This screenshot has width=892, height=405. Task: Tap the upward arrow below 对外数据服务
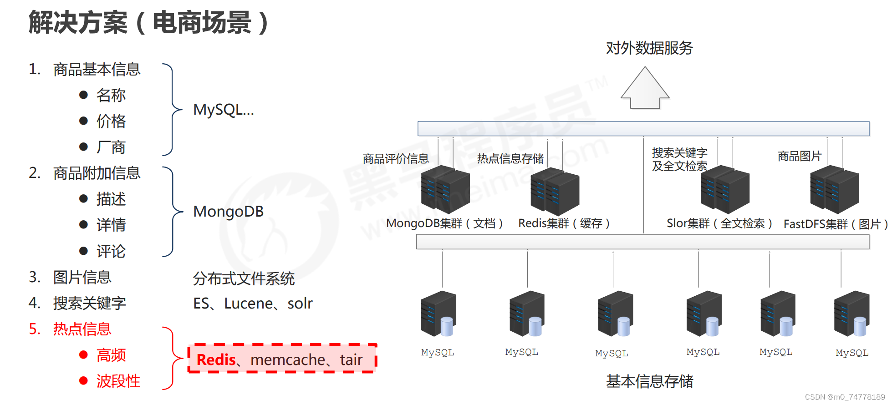[645, 88]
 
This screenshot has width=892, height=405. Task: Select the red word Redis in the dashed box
[216, 360]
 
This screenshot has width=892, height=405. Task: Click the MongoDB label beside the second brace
[228, 212]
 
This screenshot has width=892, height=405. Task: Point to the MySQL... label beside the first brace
[223, 110]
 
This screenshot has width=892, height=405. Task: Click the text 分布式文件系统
[244, 278]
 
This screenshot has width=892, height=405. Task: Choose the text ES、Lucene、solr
[253, 304]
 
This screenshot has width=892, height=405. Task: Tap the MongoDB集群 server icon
[445, 190]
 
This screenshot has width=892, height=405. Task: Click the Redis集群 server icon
[555, 191]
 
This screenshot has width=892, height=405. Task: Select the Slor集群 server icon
[725, 189]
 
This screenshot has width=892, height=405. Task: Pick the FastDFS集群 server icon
[834, 189]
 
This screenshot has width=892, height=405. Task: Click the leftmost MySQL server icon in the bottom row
[438, 314]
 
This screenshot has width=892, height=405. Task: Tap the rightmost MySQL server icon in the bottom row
[851, 314]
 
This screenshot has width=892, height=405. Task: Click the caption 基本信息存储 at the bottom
[649, 381]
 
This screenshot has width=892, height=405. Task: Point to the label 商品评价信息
[396, 159]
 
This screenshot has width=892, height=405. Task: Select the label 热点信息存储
[510, 159]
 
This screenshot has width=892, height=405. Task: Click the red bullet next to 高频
[83, 355]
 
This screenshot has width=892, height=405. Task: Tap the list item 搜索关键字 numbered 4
[89, 303]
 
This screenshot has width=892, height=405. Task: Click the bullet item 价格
[111, 121]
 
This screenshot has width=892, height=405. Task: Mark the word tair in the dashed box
[351, 360]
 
